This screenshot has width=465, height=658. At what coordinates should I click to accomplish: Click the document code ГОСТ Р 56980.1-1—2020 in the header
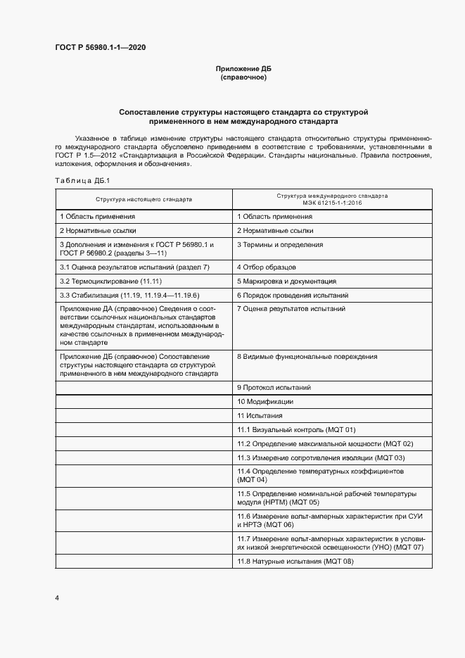[101, 48]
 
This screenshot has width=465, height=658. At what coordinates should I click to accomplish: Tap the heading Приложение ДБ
[243, 68]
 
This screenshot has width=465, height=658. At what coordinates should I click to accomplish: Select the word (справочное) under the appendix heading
[243, 77]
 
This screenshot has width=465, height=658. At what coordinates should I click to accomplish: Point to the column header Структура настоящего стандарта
[144, 199]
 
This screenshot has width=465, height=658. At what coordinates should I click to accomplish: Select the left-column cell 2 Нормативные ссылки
[98, 230]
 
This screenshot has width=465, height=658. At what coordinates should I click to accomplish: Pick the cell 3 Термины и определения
[280, 245]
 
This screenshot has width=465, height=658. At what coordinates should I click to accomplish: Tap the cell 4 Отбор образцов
[267, 267]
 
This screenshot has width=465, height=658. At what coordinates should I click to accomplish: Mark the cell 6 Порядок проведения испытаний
[293, 296]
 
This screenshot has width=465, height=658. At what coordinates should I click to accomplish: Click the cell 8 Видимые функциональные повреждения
[307, 357]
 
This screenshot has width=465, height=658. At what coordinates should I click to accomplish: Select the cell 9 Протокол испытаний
[274, 388]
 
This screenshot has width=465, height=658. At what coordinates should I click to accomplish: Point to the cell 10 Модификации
[265, 402]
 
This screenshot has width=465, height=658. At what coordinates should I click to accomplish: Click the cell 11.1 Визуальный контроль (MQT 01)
[296, 429]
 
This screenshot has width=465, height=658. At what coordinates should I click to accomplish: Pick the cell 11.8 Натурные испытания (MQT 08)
[295, 561]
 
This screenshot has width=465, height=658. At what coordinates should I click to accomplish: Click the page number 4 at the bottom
[57, 598]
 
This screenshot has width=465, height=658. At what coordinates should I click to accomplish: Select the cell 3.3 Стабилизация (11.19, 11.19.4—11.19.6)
[129, 296]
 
